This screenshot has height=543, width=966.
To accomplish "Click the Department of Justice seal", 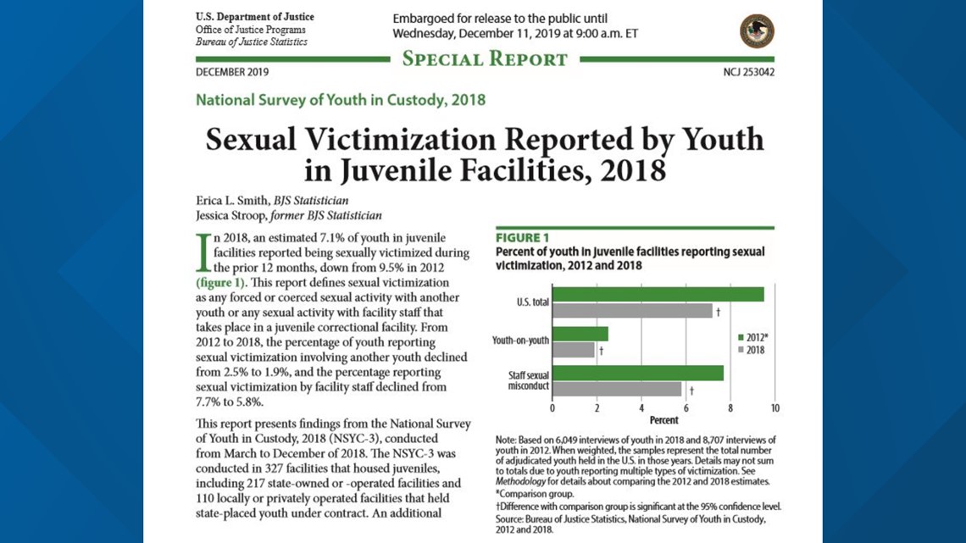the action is (757, 31).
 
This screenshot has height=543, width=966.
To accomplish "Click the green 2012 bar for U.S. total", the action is (658, 294).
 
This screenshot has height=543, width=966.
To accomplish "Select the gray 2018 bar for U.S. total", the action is (632, 311).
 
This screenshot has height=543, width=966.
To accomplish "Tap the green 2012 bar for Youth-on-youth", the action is (580, 334).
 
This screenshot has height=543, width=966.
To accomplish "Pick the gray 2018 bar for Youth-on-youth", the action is (574, 351).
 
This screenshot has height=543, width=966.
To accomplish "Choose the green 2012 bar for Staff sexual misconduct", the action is (638, 373).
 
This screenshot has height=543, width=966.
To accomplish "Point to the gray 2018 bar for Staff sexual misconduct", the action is (617, 389).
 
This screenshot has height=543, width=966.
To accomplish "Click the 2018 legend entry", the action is (751, 351).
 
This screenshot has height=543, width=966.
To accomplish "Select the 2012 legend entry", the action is (752, 337).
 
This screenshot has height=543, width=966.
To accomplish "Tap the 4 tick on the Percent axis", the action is (641, 408).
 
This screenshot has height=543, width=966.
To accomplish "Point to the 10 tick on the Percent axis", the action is (774, 408).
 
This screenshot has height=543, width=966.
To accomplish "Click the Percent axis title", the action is (663, 420).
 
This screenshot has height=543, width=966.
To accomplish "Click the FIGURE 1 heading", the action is (523, 238).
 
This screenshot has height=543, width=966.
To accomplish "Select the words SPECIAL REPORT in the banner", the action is (485, 59).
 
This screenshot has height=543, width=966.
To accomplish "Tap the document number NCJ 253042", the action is (748, 72).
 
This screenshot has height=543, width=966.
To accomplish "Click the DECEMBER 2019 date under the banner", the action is (232, 72).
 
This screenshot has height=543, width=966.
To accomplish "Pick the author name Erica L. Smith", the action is (232, 201).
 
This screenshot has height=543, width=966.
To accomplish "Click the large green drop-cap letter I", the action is (203, 252).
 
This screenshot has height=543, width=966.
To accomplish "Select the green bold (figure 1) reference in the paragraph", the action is (220, 283).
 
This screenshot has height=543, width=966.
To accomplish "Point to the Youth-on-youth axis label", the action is (520, 340).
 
